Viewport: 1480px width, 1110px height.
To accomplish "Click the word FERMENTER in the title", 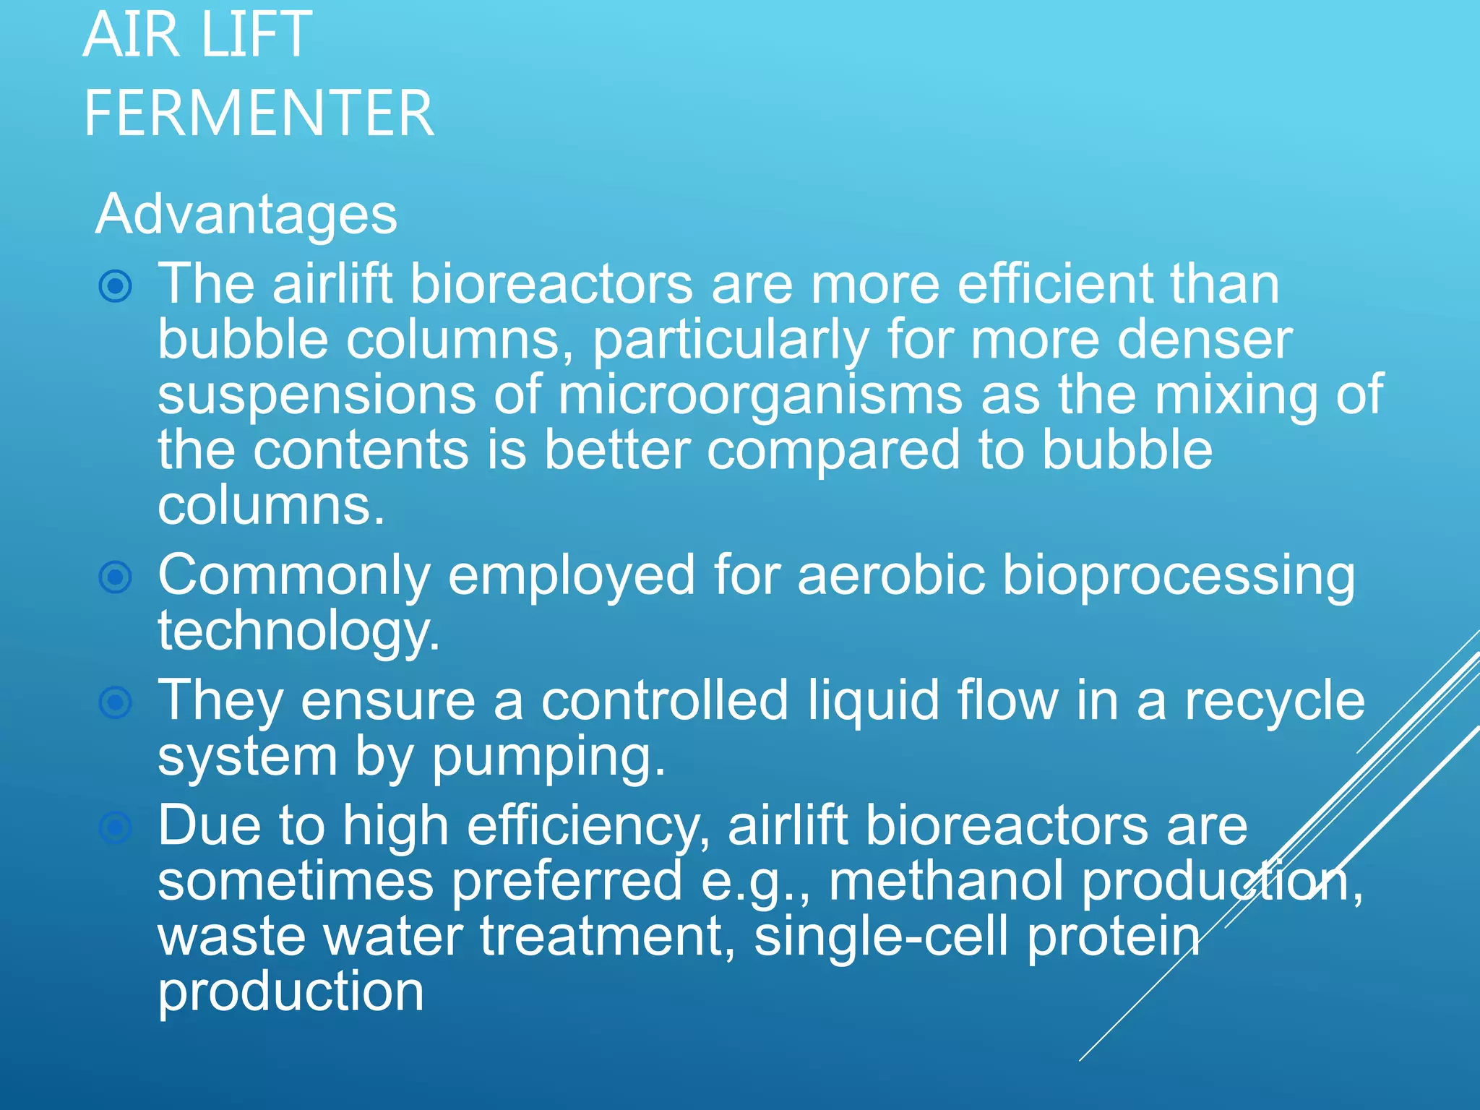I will pos(259,113).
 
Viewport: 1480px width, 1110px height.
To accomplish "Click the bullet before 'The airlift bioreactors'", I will pos(116,286).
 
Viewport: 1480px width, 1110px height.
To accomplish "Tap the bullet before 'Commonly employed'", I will pos(116,577).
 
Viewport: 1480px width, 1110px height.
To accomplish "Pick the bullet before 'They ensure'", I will pos(116,702).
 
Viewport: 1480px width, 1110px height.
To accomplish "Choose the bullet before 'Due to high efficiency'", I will pos(116,827).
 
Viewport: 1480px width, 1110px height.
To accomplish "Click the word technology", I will pos(298,632).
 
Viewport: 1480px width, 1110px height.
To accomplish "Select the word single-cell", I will pos(881,937).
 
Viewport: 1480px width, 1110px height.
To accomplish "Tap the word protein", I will pos(1113,937).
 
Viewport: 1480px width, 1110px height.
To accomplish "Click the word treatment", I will pos(607,937).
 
